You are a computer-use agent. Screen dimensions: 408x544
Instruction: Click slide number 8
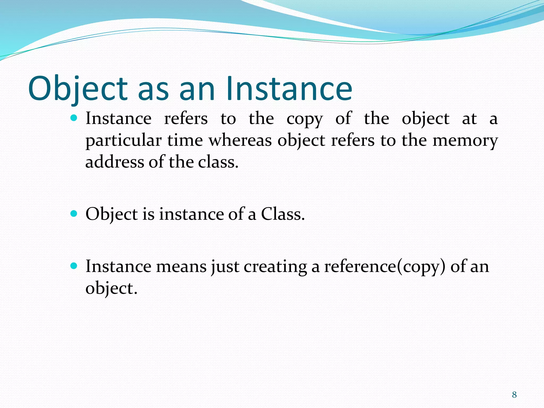coord(514,395)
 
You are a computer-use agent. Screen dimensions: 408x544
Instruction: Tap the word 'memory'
coord(465,141)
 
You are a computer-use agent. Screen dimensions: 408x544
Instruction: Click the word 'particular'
coord(123,141)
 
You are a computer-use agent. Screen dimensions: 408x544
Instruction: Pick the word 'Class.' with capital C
coord(283,214)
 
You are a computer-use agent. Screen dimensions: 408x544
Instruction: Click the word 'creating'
coord(275,267)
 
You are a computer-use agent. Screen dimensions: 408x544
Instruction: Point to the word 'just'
coord(225,267)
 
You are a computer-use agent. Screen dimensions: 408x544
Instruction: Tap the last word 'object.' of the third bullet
coord(111,288)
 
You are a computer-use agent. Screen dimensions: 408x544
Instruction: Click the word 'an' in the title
coord(197,89)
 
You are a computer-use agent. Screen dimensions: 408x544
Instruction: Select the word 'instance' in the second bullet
coord(192,214)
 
